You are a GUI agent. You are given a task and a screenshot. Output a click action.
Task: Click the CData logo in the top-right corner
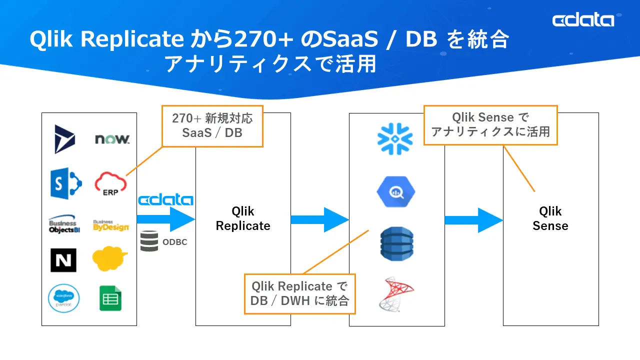(583, 20)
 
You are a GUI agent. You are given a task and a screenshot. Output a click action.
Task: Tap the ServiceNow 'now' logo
(112, 139)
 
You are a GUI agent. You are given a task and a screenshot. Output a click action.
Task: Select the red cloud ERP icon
(110, 183)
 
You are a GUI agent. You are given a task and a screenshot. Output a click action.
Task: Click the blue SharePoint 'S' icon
(65, 183)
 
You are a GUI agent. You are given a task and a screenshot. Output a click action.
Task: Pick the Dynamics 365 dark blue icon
(64, 139)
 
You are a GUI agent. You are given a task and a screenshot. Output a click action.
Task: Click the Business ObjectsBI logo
(63, 225)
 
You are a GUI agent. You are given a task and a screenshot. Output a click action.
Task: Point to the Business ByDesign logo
(110, 225)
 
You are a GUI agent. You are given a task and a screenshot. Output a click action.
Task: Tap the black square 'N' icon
(63, 260)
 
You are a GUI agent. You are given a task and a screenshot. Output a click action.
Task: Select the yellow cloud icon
(110, 258)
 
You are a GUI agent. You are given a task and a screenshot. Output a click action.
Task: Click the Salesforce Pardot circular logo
(64, 298)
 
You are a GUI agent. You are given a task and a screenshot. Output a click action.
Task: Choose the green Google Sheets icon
(110, 298)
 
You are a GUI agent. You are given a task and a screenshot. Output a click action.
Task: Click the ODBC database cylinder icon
(149, 241)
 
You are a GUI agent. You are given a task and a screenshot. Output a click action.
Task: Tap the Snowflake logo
(395, 138)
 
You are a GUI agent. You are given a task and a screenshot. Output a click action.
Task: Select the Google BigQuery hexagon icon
(396, 191)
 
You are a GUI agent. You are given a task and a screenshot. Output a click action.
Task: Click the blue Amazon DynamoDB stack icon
(396, 243)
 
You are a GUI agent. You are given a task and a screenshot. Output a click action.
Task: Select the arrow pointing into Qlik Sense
(473, 220)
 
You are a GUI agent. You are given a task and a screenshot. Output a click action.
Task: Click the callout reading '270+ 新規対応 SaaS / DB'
(212, 125)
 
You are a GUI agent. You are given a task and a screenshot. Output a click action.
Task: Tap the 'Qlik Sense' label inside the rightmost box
(550, 218)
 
